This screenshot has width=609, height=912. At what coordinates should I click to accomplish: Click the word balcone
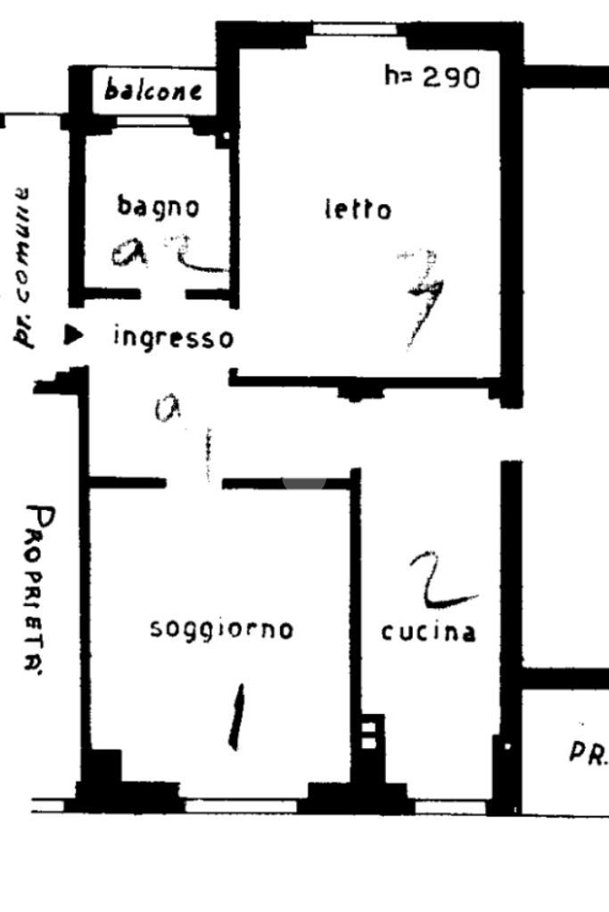tap(152, 90)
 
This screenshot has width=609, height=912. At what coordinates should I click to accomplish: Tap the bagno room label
tap(159, 206)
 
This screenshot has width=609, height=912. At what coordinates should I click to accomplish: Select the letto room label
tap(357, 210)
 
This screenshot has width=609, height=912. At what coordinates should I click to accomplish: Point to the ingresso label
tap(174, 338)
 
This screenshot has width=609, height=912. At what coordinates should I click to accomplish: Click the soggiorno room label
tap(222, 629)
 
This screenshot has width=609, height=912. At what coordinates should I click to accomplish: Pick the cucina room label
tap(428, 632)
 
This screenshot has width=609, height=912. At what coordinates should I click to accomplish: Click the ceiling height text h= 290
tap(432, 78)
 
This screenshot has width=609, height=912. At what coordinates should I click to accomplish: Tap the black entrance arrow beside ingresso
tap(75, 335)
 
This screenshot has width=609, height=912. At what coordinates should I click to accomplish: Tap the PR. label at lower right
tap(588, 754)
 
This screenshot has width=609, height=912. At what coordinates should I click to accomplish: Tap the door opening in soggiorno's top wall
tap(193, 482)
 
